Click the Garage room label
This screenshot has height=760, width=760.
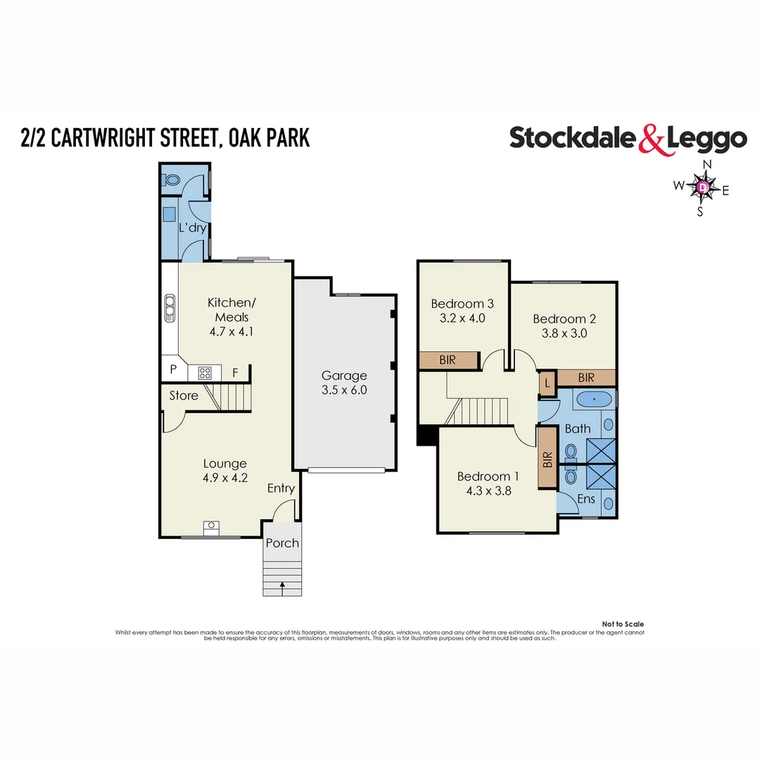click(x=344, y=375)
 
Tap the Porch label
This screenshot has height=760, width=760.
click(x=282, y=543)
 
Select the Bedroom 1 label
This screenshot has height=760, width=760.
click(x=483, y=476)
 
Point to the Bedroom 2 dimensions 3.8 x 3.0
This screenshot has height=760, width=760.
click(x=559, y=334)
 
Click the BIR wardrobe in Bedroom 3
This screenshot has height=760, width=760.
click(x=448, y=360)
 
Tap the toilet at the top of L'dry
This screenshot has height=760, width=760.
click(x=171, y=180)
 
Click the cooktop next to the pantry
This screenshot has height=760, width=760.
click(x=205, y=372)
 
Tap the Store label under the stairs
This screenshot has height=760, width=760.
click(x=184, y=395)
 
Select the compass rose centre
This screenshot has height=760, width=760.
click(x=702, y=188)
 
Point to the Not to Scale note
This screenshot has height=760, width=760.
click(x=623, y=624)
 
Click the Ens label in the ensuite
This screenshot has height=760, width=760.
click(x=586, y=499)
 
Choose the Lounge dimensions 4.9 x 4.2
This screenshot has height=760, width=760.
click(x=225, y=477)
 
